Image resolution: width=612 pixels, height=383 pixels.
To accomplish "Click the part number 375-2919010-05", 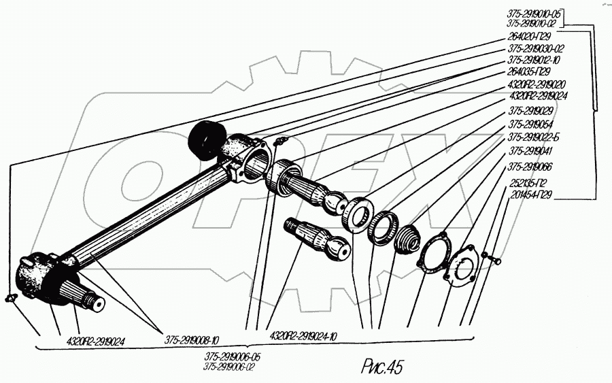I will tap(537, 13).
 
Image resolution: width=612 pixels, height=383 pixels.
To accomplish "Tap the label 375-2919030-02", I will tap(536, 49).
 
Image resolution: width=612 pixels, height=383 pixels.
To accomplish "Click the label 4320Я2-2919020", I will tap(537, 84).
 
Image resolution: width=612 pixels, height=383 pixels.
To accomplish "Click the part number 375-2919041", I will tap(530, 151).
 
